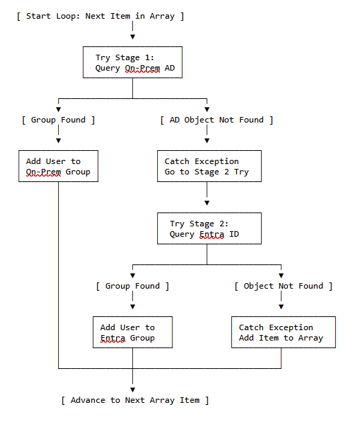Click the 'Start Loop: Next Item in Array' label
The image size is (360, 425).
click(x=100, y=16)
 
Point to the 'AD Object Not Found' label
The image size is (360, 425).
click(x=217, y=120)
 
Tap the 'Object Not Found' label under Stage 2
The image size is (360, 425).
click(x=283, y=286)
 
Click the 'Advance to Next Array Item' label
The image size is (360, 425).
click(x=135, y=400)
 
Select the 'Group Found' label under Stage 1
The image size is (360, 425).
click(x=58, y=120)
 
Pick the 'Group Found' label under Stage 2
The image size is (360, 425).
click(x=132, y=286)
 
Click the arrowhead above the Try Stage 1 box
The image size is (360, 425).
click(x=132, y=37)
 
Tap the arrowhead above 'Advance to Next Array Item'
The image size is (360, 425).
click(x=132, y=390)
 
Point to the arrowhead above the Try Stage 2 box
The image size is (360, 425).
click(x=207, y=203)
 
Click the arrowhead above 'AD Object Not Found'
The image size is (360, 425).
click(x=207, y=109)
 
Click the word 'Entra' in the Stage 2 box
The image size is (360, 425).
click(x=212, y=234)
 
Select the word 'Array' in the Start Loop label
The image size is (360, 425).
click(x=162, y=16)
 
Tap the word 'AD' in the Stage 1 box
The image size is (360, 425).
click(x=170, y=68)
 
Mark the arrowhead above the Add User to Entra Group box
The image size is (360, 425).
click(x=132, y=307)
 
